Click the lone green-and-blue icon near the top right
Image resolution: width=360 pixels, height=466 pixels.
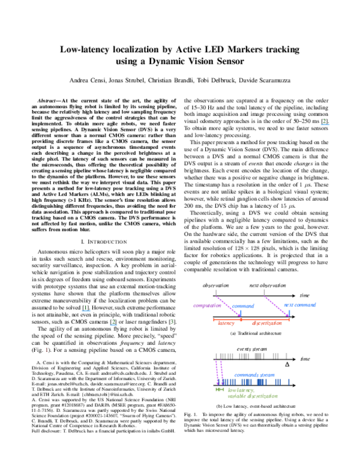325,123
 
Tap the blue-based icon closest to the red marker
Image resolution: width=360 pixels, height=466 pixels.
86,309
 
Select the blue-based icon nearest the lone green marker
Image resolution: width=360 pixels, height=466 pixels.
113,323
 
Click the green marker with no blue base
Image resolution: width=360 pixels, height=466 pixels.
172,322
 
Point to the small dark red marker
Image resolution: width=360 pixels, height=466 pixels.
46,349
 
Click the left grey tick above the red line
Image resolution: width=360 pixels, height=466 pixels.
215,292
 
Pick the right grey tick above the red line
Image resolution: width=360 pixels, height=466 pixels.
264,292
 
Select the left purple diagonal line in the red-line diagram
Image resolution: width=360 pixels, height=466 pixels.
228,306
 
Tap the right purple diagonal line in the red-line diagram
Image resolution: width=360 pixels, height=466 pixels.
276,306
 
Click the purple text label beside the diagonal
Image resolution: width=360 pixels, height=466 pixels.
207,306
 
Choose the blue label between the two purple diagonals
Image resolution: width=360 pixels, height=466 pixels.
244,306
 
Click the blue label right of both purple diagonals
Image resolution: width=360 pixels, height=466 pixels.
300,305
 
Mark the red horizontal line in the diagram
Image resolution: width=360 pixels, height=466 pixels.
251,319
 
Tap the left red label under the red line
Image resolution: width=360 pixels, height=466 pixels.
227,324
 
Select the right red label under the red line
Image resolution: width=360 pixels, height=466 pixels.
266,324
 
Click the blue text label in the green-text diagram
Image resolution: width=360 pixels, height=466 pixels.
254,375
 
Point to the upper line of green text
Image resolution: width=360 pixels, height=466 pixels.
241,390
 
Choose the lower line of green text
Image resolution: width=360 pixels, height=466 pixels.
253,396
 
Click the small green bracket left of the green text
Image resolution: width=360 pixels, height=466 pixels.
220,390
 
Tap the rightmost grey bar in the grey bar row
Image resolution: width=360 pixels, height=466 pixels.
286,356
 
